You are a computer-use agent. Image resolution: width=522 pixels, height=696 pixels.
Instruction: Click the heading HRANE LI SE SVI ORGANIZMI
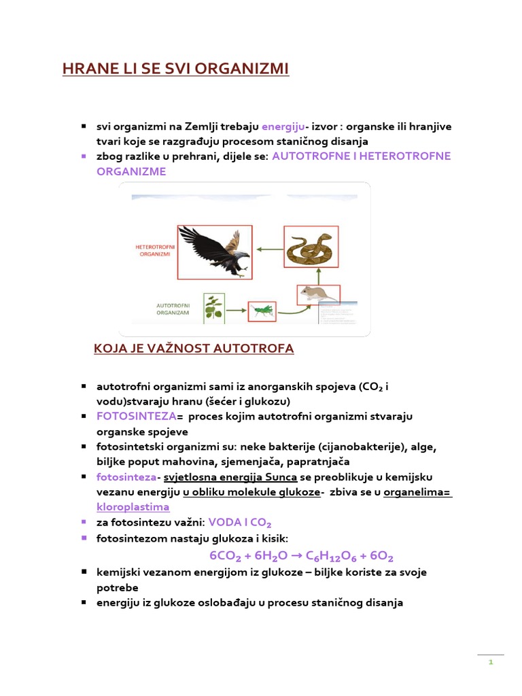tap(175, 69)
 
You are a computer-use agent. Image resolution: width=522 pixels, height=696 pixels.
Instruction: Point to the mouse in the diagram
tap(318, 294)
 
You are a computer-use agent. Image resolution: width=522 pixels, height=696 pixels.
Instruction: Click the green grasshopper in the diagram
tap(262, 311)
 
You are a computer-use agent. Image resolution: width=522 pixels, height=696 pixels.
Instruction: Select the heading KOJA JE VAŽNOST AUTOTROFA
tap(193, 349)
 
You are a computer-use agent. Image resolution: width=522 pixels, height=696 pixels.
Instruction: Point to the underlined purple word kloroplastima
tap(133, 507)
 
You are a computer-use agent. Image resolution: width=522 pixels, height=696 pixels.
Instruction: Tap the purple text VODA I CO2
tap(239, 523)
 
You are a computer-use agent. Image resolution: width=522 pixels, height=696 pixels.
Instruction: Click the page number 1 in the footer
tap(490, 662)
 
